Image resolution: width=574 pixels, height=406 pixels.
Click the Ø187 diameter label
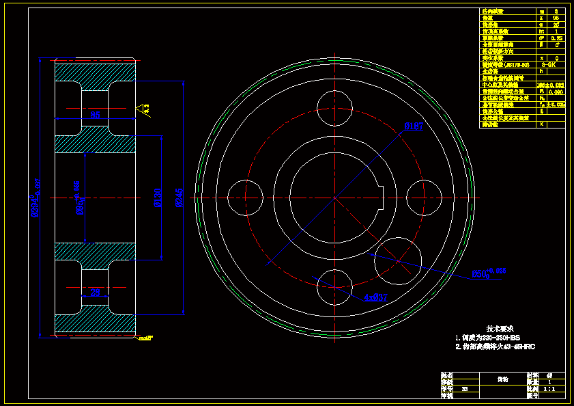[414, 126]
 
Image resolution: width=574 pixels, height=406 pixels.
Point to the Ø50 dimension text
[487, 274]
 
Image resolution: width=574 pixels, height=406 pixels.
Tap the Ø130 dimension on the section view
[158, 198]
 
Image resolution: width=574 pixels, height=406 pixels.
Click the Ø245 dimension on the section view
[180, 198]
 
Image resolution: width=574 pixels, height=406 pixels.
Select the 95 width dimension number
[96, 115]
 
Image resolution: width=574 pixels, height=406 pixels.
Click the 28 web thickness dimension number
[96, 292]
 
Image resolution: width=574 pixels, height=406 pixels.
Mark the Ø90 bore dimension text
[79, 198]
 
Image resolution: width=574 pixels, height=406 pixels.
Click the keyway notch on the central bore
[383, 197]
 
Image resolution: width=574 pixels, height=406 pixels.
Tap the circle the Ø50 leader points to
[397, 260]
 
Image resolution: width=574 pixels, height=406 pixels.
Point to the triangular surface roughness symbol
[142, 108]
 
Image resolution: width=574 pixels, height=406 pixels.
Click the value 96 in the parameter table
[556, 18]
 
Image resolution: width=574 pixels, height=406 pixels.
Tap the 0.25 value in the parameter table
[558, 38]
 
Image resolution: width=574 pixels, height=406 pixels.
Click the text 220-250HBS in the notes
[496, 338]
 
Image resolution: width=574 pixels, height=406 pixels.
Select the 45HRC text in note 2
[523, 347]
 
